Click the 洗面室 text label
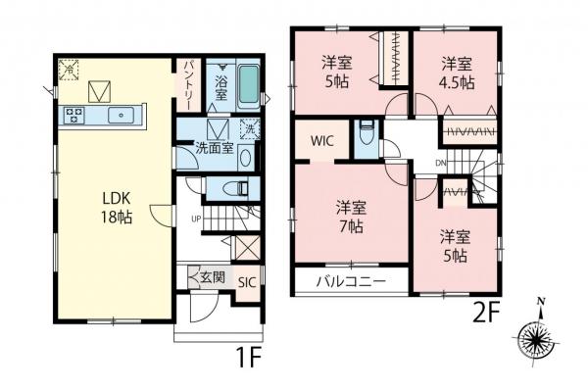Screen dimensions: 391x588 [x=214, y=151]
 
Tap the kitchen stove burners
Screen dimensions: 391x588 [x=74, y=116]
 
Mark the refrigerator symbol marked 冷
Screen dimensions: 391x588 [x=69, y=68]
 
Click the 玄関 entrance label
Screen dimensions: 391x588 [x=212, y=277]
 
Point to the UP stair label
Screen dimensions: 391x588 [x=197, y=218]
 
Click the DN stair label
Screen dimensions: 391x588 [x=440, y=164]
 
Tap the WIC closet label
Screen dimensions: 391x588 [x=323, y=140]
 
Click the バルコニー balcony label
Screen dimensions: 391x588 [x=349, y=282]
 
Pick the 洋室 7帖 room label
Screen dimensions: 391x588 [x=350, y=216]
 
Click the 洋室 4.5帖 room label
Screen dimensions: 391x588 [x=456, y=73]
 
